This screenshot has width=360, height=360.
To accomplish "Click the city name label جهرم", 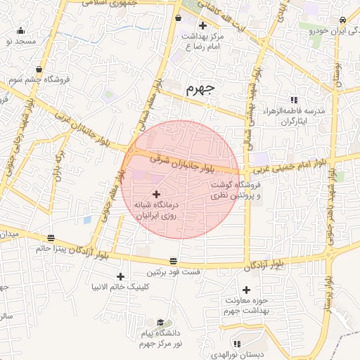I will point(199,91).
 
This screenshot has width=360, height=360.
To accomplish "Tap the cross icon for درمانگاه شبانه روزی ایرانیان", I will point(155,193).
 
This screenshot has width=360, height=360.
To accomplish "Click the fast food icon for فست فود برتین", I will point(174,262).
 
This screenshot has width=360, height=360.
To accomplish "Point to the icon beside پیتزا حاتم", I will point(50,238).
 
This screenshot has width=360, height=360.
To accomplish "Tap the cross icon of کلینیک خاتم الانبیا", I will point(121,276).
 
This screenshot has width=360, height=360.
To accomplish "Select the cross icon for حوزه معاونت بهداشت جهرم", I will point(246,290).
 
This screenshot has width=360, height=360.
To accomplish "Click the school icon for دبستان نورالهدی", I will point(236,344).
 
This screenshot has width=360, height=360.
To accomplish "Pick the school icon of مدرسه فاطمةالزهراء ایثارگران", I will point(294,100).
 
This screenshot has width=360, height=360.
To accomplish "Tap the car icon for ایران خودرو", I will point(342,20).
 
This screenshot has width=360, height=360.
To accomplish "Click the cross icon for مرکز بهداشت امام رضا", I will point(202,25).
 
